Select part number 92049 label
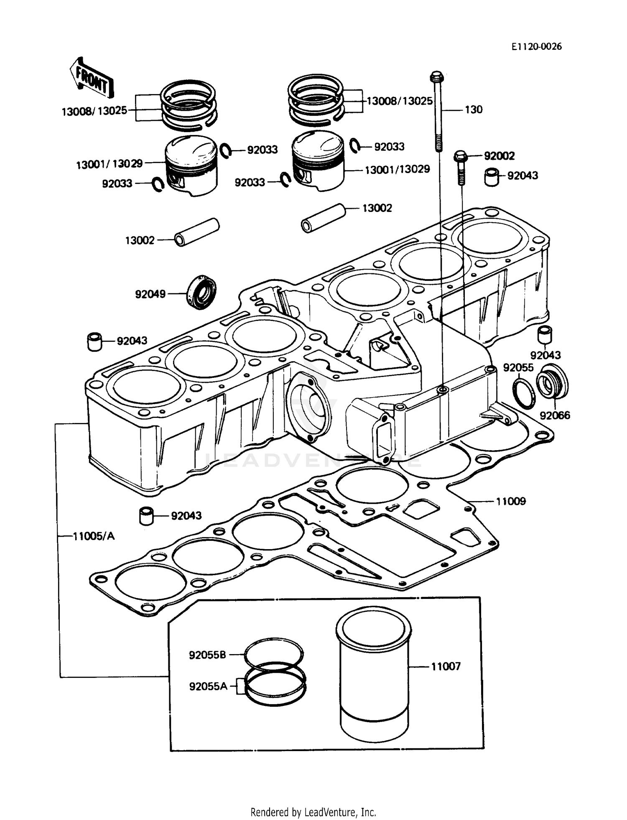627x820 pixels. (x=150, y=294)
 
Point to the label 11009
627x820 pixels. (x=510, y=501)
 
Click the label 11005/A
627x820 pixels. (x=94, y=536)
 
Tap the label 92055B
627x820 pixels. (x=207, y=655)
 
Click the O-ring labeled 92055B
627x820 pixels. (x=274, y=653)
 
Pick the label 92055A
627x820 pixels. (x=208, y=686)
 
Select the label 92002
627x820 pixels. (x=499, y=156)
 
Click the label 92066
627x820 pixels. (x=555, y=415)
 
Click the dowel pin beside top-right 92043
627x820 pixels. (x=492, y=177)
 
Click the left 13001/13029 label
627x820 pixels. (x=109, y=164)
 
